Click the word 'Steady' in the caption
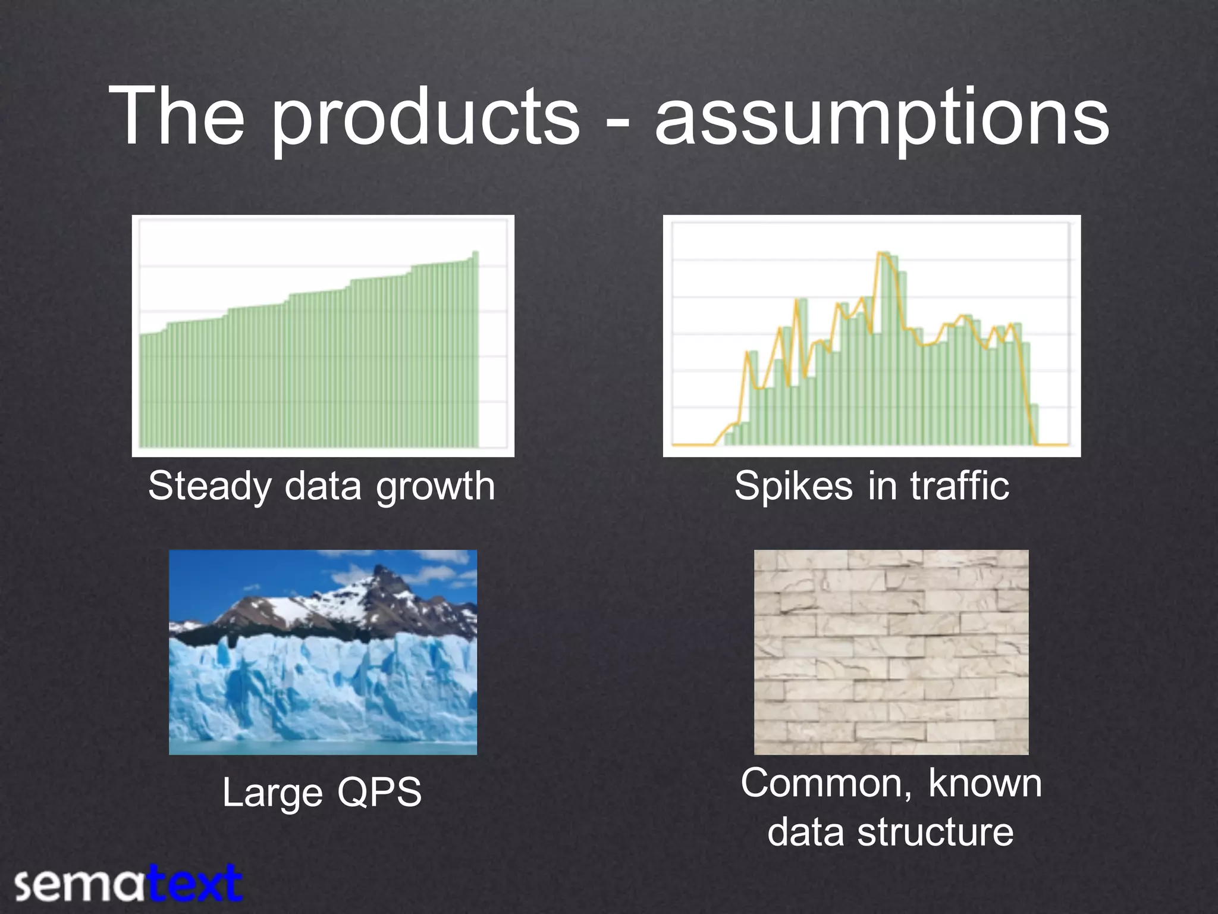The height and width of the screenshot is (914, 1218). click(209, 487)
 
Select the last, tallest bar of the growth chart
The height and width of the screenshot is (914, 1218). click(475, 351)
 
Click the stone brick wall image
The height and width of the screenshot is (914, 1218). click(891, 652)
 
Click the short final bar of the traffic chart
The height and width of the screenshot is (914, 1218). click(1034, 425)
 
